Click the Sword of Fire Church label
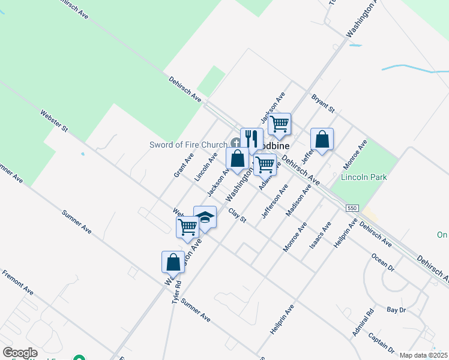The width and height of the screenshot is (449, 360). tap(188, 145)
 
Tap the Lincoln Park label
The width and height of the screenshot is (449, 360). tap(364, 177)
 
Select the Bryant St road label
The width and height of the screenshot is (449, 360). tap(322, 103)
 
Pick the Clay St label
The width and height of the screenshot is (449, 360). tap(238, 215)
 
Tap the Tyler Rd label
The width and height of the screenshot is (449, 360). tap(176, 293)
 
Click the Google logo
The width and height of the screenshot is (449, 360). tap(20, 353)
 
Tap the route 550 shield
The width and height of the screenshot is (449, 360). tap(352, 208)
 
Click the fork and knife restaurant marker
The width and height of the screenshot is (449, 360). tap(252, 140)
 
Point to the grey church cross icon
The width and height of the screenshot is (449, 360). tap(236, 143)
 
